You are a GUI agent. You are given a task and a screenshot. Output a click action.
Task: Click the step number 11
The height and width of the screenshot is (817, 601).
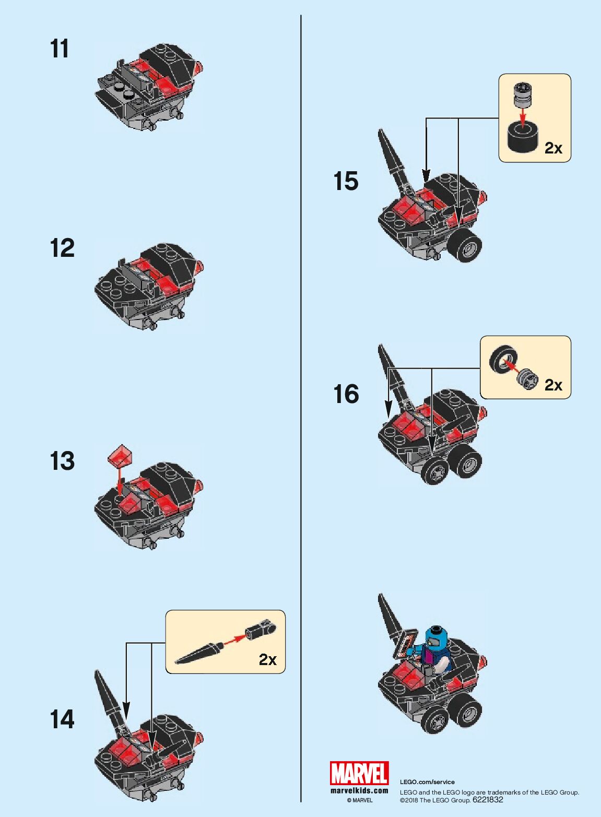click(x=60, y=49)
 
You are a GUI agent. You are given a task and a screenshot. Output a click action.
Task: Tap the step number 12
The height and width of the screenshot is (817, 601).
click(x=62, y=248)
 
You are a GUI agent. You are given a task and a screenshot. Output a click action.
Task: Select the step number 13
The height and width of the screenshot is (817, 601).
click(x=62, y=461)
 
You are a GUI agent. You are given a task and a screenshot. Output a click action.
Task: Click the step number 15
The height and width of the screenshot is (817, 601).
click(x=346, y=181)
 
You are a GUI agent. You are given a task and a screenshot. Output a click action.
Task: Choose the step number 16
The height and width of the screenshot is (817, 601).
click(x=346, y=394)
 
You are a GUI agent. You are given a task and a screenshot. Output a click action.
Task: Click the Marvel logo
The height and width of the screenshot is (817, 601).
click(x=359, y=773)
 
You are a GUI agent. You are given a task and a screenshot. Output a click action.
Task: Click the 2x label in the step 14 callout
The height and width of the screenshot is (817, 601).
click(x=268, y=660)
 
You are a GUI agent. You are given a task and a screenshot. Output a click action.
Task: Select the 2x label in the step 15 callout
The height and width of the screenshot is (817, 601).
click(x=553, y=148)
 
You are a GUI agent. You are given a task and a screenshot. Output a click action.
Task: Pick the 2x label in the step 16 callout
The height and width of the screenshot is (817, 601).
click(x=553, y=385)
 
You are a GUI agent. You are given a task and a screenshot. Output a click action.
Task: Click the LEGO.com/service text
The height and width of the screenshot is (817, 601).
click(x=427, y=782)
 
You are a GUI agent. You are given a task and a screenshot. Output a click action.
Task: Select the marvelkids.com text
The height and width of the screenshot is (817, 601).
click(x=359, y=790)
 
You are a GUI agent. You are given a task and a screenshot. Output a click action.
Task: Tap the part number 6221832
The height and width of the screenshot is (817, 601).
click(x=488, y=799)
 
